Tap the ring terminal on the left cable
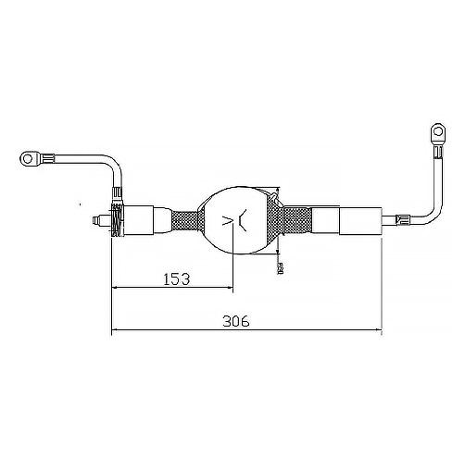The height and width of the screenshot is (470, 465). tap(32, 160)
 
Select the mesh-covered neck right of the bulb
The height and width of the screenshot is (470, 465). tap(295, 222)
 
